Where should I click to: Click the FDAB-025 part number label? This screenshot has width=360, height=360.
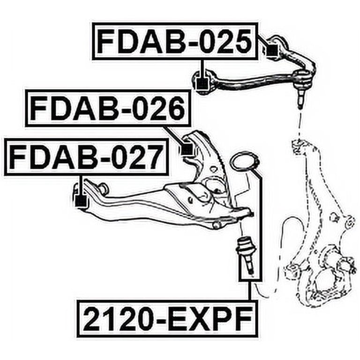coord(175,41)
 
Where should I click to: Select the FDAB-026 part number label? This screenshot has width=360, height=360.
coord(108,108)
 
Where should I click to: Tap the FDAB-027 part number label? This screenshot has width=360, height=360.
coord(87,157)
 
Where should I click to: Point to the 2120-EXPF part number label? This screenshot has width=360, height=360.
coord(168,319)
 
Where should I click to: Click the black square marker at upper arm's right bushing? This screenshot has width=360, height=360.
coord(272,50)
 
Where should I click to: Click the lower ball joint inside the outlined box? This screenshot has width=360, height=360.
coord(247,255)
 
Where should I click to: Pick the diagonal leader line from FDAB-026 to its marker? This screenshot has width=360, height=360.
coord(174,136)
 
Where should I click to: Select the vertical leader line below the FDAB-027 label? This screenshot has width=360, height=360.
coord(80,186)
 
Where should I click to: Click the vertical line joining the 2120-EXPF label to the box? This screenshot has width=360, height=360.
coord(249,290)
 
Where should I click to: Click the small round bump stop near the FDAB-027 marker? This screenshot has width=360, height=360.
coord(103,187)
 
